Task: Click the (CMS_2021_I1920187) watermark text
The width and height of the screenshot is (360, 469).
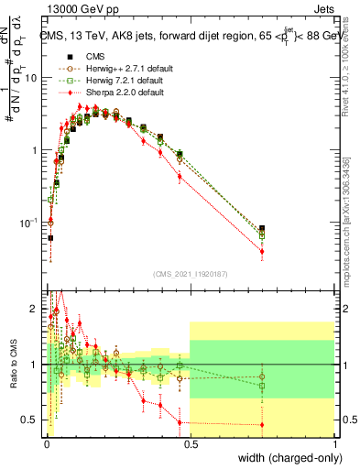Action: click(191, 273)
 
